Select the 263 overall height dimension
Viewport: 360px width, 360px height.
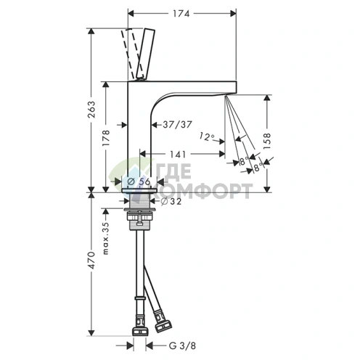click(x=91, y=110)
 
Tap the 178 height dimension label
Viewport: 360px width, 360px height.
click(x=106, y=138)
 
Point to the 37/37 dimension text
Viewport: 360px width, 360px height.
click(x=177, y=125)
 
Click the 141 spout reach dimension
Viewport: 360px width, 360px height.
click(x=178, y=154)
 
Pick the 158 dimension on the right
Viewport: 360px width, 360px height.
click(x=267, y=141)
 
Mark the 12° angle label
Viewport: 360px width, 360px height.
click(x=207, y=137)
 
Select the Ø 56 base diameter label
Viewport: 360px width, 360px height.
click(x=139, y=181)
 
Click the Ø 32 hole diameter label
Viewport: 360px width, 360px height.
click(x=171, y=201)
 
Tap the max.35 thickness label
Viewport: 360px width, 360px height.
click(x=106, y=238)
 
